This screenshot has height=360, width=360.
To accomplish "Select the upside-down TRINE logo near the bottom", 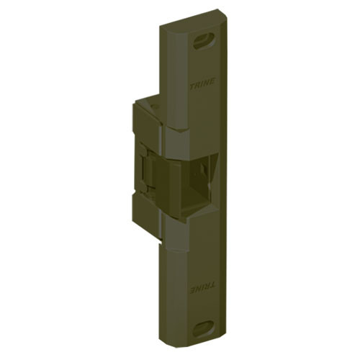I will (201, 286).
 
